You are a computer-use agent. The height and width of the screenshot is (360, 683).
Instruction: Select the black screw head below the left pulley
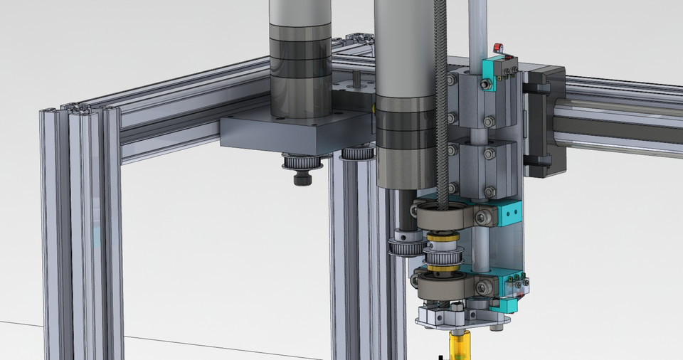click(x=300, y=178)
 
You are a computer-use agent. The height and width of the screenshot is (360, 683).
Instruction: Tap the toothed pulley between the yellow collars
click(x=443, y=256)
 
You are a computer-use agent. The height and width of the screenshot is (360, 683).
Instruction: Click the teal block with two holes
click(x=508, y=211)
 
